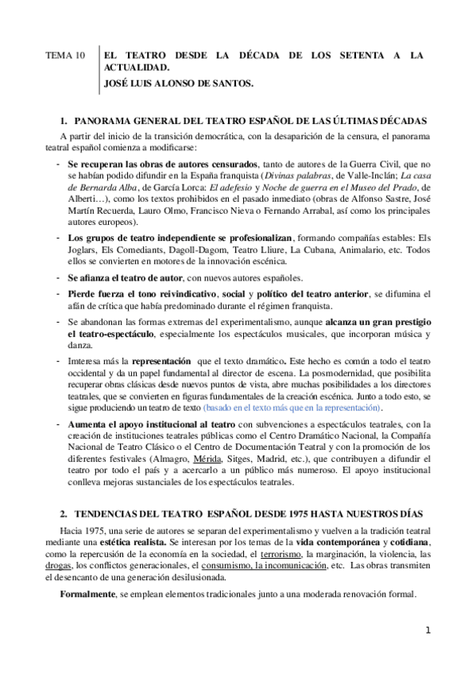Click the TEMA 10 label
(x=64, y=56)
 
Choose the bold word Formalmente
(x=87, y=595)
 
